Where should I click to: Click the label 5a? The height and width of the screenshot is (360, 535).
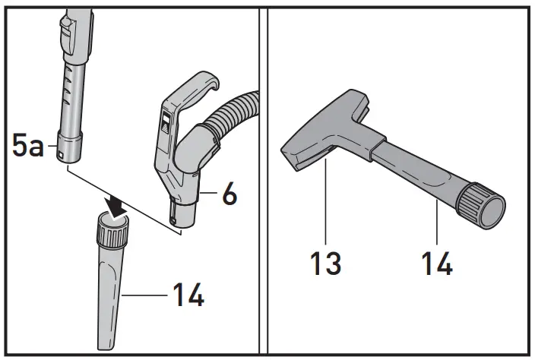point(28,144)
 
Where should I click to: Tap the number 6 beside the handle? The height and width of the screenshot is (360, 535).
point(229,195)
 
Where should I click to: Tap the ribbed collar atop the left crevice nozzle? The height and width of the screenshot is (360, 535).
point(112,229)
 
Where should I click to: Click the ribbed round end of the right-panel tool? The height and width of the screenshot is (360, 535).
point(485,203)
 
